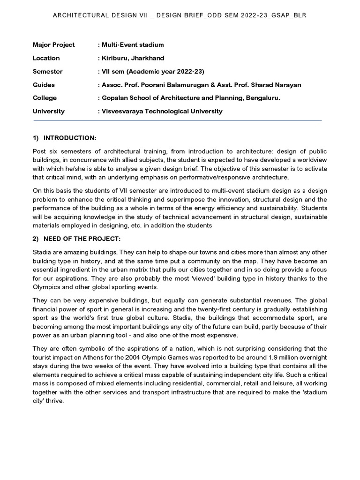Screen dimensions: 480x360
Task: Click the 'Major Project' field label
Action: click(x=53, y=45)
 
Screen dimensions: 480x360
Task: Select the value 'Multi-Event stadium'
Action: click(x=132, y=45)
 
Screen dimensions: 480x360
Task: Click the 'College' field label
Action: click(x=45, y=98)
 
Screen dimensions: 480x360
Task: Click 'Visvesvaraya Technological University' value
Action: click(x=162, y=111)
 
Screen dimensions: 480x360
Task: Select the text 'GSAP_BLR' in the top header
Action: click(x=292, y=15)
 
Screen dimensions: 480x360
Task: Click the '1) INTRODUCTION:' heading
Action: click(x=64, y=138)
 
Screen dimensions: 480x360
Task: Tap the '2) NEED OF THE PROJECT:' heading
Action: click(x=77, y=239)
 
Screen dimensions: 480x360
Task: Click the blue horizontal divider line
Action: click(x=177, y=121)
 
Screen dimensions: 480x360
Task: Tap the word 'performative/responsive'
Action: click(x=218, y=178)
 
